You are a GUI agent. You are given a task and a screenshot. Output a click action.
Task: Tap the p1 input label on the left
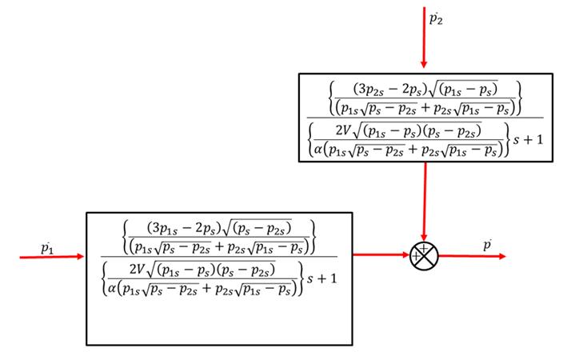47,248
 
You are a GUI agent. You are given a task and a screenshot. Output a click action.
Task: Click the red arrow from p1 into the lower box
55,257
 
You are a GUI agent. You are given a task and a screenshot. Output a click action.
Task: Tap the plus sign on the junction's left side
415,256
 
